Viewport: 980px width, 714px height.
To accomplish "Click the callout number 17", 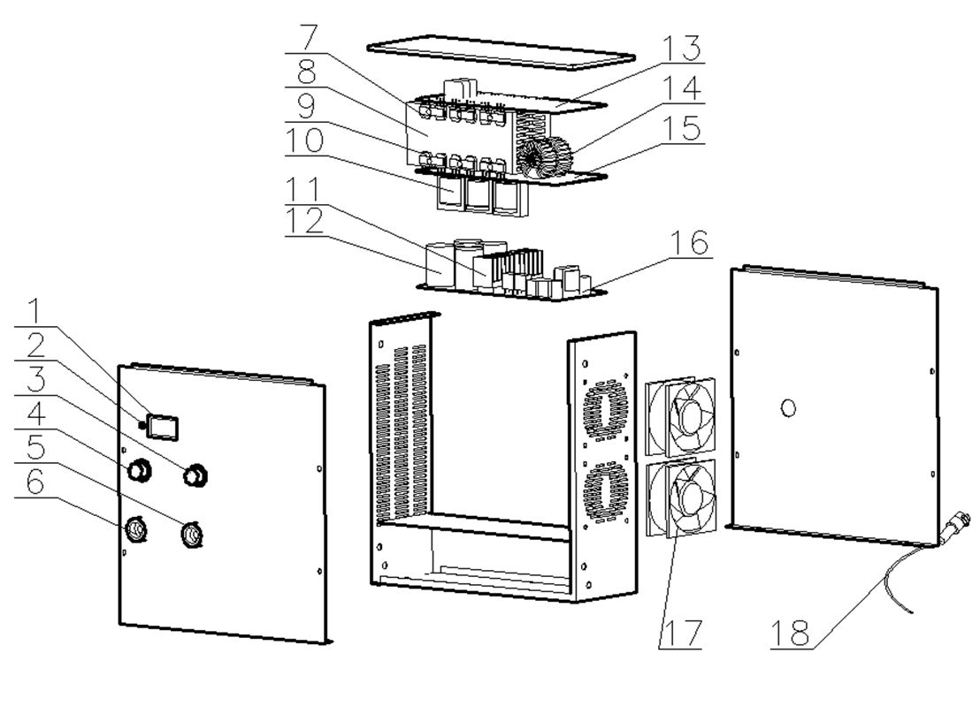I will pos(681,634).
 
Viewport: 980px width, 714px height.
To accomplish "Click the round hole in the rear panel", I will pos(791,407).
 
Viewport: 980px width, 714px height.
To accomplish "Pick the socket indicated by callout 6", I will pos(136,530).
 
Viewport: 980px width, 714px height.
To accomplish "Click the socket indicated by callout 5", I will pos(189,535).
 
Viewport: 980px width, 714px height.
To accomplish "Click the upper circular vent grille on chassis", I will pos(606,412).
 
